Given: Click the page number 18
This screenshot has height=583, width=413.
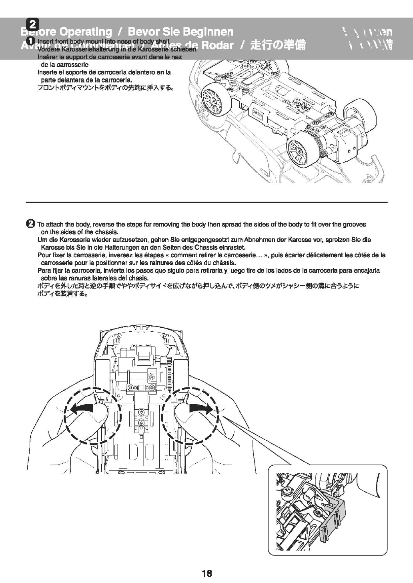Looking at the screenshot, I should point(206,573).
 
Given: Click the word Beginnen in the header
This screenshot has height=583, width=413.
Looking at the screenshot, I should point(208,32).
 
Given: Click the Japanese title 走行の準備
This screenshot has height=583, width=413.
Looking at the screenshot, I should point(278,45).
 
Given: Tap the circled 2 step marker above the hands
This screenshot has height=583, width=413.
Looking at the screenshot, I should point(30,224).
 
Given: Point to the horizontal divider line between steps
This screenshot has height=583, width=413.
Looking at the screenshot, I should point(206,202).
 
